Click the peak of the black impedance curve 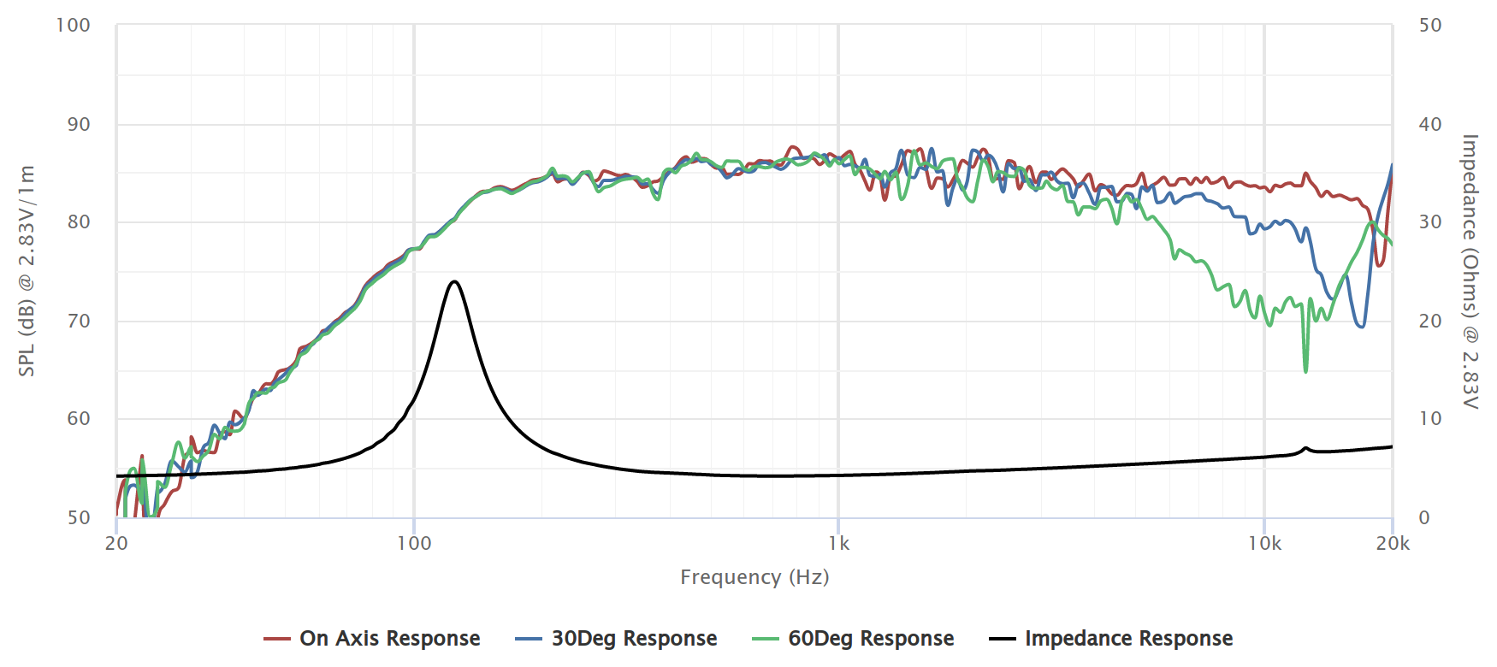point(454,281)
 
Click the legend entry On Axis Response point(389,639)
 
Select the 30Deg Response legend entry point(634,639)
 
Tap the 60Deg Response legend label point(871,639)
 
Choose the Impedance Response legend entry point(1128,639)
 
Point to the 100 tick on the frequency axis point(414,544)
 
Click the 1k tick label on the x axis point(838,544)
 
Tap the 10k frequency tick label point(1264,544)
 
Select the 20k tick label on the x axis point(1393,544)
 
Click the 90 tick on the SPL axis point(79,125)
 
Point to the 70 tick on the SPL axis point(79,322)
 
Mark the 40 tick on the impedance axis point(1430,125)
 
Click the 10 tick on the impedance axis point(1430,419)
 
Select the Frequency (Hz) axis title point(754,577)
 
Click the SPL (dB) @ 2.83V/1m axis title point(27,271)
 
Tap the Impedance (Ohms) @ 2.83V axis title point(1470,271)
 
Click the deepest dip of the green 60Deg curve point(1305,371)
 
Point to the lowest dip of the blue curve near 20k point(1361,326)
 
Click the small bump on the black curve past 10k point(1305,447)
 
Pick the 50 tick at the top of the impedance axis point(1430,26)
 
